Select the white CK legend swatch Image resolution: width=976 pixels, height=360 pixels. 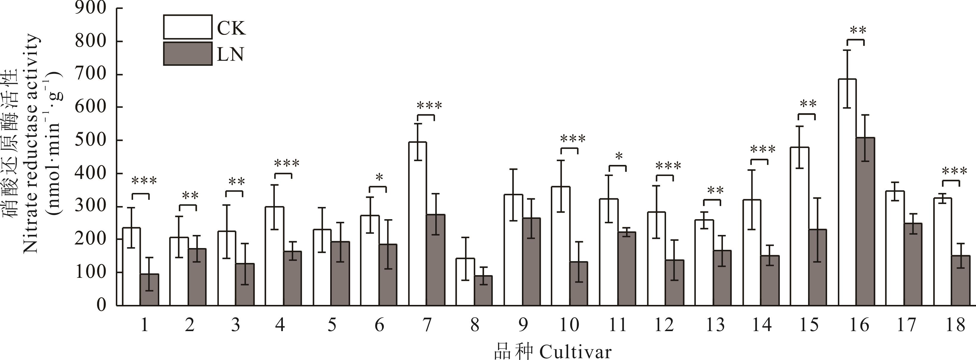click(188, 27)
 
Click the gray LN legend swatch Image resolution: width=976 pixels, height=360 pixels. click(188, 54)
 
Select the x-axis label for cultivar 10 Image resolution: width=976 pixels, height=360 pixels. click(569, 325)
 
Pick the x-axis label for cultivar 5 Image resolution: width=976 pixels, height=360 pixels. click(331, 325)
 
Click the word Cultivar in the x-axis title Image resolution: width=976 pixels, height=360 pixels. click(575, 352)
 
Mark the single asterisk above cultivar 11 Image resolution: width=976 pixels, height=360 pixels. click(619, 156)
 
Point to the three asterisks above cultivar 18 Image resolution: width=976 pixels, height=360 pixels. click(954, 172)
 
